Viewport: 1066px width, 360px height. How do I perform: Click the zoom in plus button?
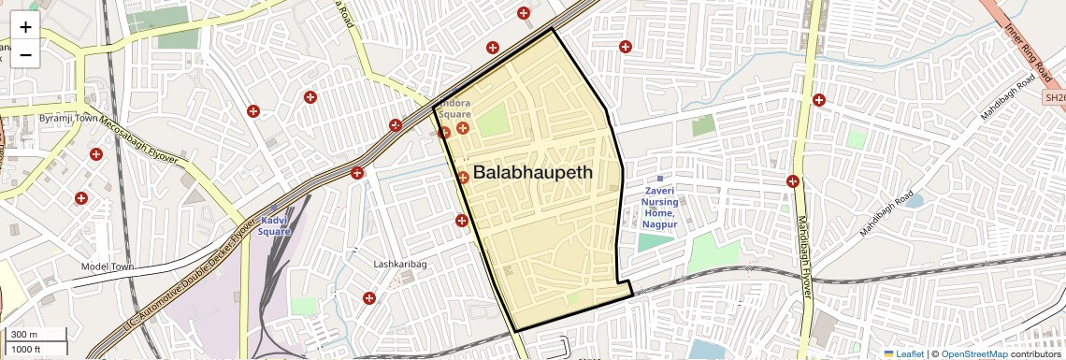25,26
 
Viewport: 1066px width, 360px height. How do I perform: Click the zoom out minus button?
25,54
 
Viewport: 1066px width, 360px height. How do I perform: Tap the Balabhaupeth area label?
532,172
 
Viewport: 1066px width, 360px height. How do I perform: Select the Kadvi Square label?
274,225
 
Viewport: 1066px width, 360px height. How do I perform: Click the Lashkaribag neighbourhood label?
400,265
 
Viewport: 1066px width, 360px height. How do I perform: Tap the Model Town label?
108,266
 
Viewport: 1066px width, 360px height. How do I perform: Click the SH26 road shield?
1054,97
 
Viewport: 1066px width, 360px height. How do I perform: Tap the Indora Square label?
455,108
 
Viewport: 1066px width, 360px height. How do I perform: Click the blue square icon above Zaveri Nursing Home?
659,178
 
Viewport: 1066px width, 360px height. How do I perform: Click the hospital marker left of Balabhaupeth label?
463,177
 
